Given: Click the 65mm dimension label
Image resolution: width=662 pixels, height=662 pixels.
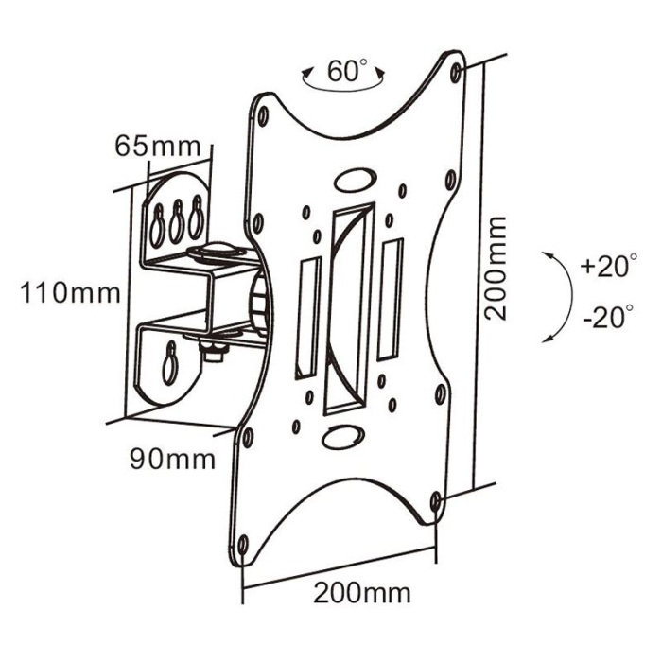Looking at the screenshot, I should tap(157, 147).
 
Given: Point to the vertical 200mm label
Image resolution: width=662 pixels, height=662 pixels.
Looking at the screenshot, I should tap(495, 268).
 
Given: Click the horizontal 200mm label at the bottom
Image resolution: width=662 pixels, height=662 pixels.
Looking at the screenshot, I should tap(362, 594).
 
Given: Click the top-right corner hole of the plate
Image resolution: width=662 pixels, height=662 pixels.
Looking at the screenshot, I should tap(458, 71).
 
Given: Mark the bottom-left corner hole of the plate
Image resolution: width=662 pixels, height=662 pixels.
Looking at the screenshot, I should tap(242, 544).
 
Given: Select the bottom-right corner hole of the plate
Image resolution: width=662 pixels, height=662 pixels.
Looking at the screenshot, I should tap(434, 499).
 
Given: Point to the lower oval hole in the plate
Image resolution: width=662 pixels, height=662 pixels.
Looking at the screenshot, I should tap(340, 437).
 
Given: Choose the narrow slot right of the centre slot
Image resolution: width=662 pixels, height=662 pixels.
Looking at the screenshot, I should tap(390, 298).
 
